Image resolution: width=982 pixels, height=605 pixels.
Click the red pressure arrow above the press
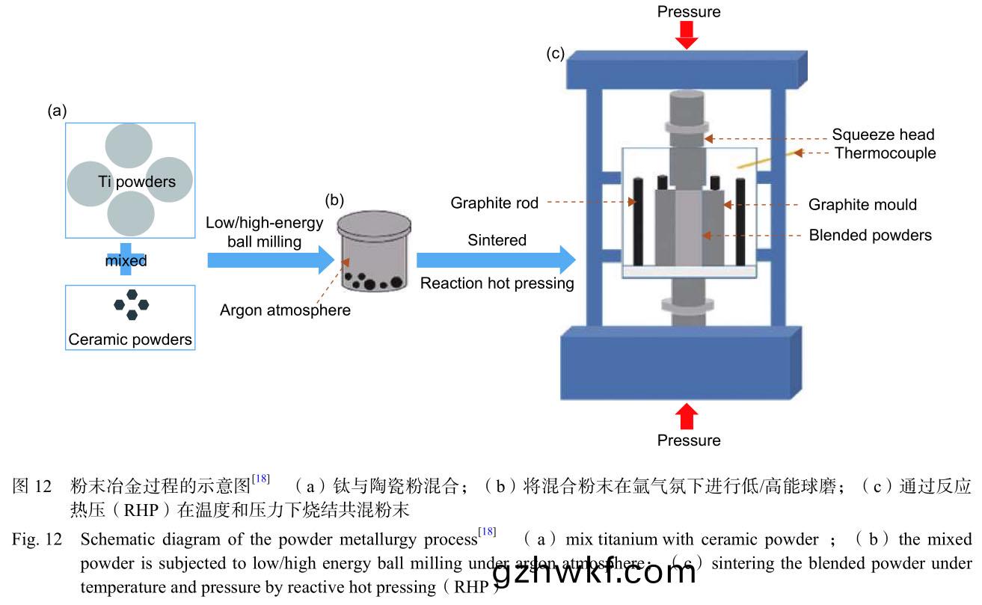coord(686,34)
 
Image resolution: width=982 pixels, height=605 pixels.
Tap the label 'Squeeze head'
coord(883,135)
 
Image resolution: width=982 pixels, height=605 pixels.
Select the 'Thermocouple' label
coord(885,153)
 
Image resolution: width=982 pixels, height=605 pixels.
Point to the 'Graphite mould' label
coord(862,205)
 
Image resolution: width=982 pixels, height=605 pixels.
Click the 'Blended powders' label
coord(870,236)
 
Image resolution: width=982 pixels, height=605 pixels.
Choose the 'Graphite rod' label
coord(494,203)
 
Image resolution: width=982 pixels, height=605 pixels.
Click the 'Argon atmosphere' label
coord(285,310)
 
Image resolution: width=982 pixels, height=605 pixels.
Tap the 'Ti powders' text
coord(137,182)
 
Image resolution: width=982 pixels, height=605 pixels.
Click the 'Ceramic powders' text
coord(130,340)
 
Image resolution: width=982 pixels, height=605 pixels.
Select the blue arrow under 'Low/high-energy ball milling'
coord(269,260)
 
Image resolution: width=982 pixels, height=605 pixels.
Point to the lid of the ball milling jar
coord(374,224)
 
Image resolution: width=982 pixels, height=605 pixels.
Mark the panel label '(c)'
coord(555,54)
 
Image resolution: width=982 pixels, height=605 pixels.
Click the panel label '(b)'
coord(334,200)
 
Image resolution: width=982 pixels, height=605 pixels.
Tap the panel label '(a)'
coord(57,111)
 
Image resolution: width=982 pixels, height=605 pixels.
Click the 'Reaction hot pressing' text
coord(497,283)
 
